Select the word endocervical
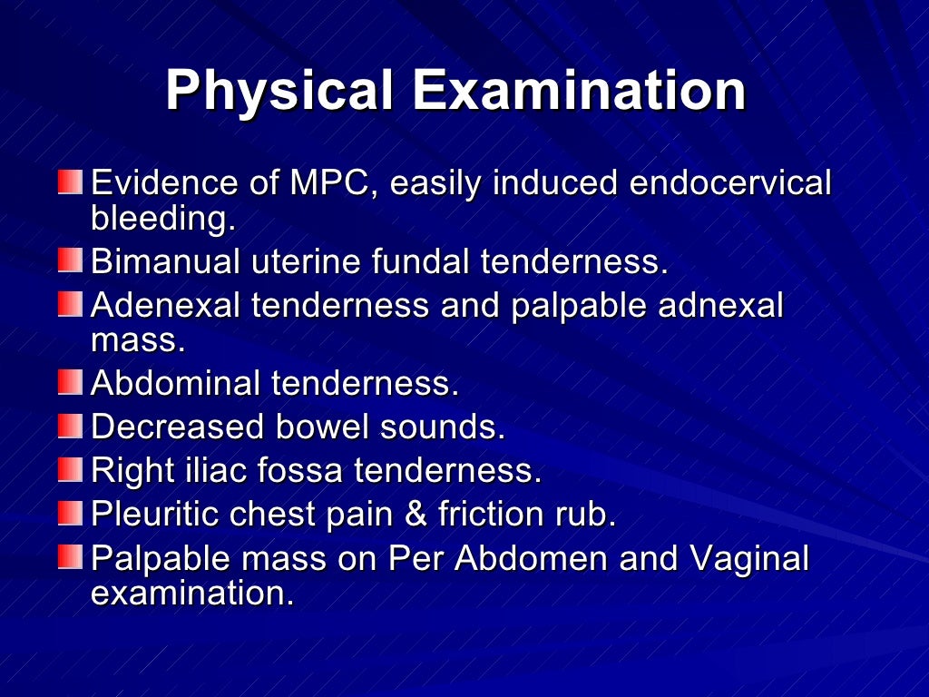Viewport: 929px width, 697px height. pos(729,183)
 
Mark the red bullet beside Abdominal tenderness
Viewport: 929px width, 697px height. pos(69,382)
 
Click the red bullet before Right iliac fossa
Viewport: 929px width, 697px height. pos(69,469)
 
